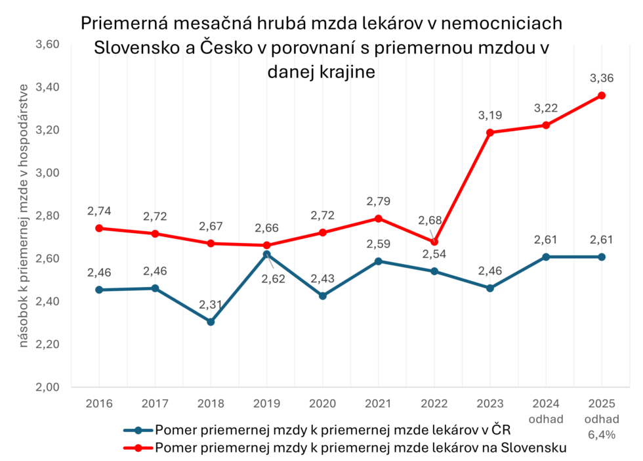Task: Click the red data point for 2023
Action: point(489,133)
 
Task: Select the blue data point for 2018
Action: point(211,322)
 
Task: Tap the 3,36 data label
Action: point(602,78)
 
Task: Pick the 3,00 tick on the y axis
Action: point(46,173)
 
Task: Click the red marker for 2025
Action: point(602,95)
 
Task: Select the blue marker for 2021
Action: point(378,261)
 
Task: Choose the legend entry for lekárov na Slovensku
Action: point(360,448)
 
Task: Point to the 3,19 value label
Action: point(489,115)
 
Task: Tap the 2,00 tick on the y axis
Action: point(46,387)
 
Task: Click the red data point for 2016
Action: point(99,229)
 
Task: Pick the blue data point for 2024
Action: point(546,257)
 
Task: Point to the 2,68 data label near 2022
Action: point(430,220)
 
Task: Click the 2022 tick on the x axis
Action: point(434,402)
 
